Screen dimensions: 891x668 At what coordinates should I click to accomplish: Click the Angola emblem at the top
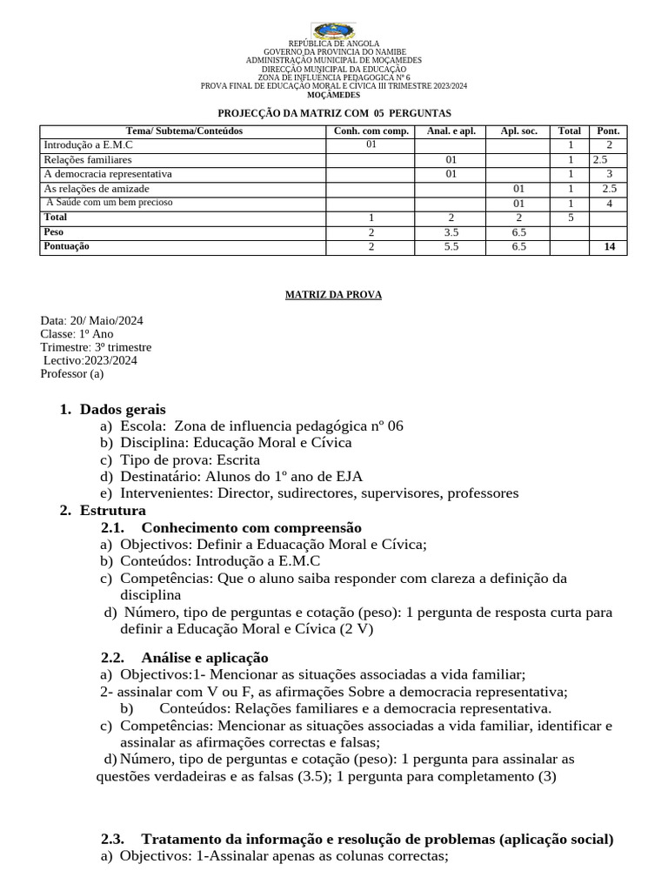(333, 31)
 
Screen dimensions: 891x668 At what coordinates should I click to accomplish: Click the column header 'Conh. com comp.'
(371, 131)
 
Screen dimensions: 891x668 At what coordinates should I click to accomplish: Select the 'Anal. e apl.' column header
(451, 131)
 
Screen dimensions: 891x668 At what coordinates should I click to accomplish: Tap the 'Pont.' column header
(609, 131)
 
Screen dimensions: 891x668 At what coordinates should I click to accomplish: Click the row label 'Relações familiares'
(88, 160)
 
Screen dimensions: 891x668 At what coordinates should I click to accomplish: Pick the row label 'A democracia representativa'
(108, 174)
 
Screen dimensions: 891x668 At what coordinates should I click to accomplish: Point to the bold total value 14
(609, 246)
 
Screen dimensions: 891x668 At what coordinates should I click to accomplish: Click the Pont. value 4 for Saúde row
(609, 203)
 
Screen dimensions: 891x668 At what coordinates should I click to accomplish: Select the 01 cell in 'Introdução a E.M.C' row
(371, 144)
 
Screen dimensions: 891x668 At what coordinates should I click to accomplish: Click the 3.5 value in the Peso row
(451, 232)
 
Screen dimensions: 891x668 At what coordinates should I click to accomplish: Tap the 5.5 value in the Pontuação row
(451, 246)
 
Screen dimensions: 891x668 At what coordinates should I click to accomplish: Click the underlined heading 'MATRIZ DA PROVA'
(333, 295)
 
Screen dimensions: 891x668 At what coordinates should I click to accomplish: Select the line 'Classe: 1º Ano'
(77, 334)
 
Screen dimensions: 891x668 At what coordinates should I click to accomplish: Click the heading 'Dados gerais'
(123, 409)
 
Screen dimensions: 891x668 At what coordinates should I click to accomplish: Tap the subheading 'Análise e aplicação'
(204, 657)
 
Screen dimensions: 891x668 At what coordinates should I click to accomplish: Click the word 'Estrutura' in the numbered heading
(113, 510)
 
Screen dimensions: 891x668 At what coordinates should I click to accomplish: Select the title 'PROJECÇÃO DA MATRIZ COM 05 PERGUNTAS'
(333, 113)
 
